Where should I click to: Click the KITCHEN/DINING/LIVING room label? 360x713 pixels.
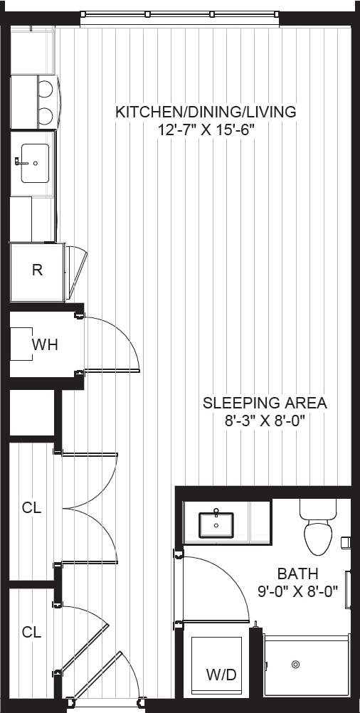206,112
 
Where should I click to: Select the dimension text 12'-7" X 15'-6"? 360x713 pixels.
206,130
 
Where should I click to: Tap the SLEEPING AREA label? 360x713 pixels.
265,403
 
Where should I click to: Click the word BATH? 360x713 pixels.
297,574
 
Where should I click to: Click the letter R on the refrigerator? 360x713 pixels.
37,270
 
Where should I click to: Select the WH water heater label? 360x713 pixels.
44,345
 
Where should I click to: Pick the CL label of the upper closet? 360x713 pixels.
31,508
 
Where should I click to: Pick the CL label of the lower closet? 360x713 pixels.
31,632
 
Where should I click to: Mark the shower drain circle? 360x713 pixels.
295,665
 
